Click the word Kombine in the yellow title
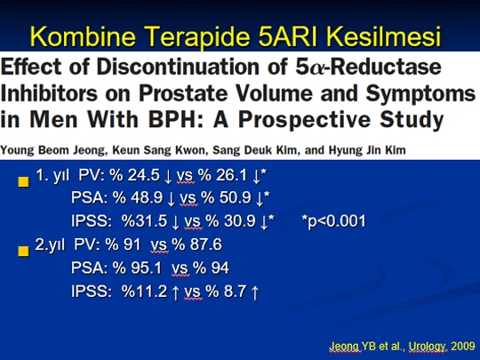pos(83,36)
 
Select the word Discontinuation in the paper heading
pos(179,67)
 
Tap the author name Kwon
pos(190,150)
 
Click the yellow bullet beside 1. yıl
pos(24,181)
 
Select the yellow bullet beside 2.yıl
pos(24,251)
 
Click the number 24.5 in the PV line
pos(144,175)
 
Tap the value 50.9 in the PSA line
pos(236,197)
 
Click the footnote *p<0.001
pos(333,221)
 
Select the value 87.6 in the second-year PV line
pos(206,244)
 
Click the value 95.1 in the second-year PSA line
pos(147,268)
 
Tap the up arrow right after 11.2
pos(175,292)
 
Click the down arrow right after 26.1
pos(256,177)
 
